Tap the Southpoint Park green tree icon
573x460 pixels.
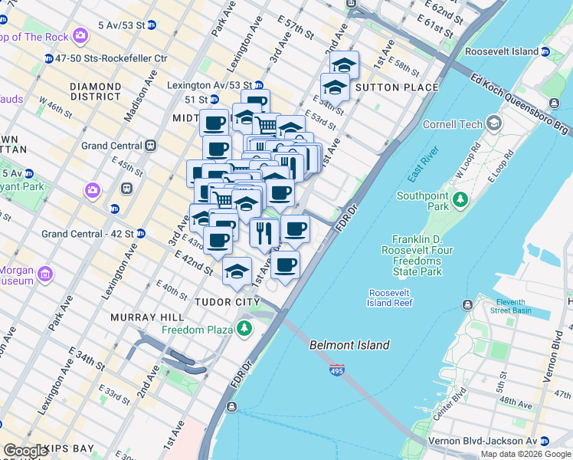click(460, 200)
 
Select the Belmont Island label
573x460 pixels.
click(349, 345)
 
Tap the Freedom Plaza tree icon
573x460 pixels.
click(244, 330)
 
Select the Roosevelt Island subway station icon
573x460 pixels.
click(545, 51)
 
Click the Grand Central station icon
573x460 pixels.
click(151, 146)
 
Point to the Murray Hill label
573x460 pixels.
click(146, 317)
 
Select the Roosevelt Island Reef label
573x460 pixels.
click(391, 297)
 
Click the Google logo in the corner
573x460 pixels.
click(25, 451)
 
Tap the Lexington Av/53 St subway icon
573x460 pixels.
click(259, 86)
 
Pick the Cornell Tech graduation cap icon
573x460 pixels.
click(494, 123)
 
